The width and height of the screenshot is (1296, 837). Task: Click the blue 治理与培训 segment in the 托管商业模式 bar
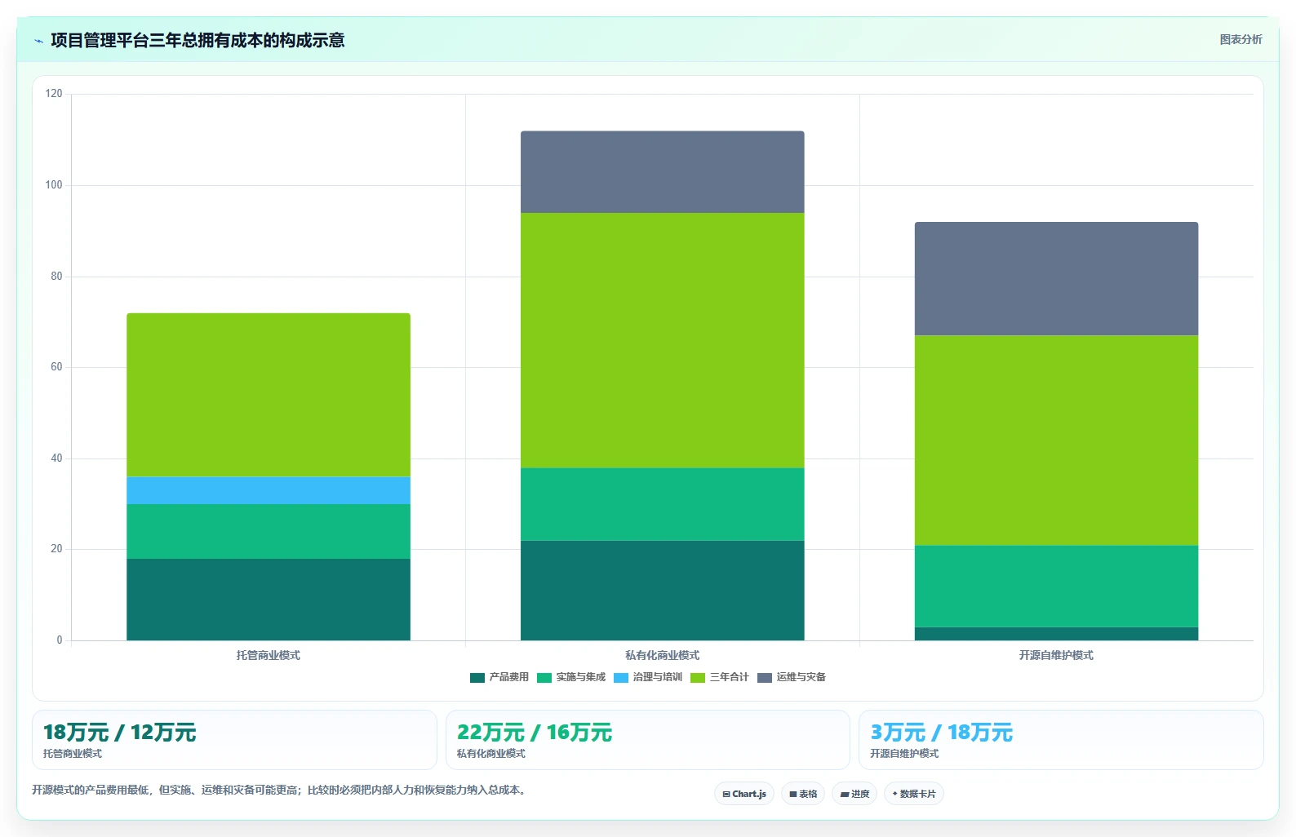pos(269,490)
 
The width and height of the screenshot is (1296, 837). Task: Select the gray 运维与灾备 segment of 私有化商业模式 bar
pos(663,172)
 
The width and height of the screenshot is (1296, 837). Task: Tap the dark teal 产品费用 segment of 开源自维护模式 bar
pos(1057,633)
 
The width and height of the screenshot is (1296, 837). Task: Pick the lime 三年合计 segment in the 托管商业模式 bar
pos(269,395)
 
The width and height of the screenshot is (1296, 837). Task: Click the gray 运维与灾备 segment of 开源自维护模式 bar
pos(1057,279)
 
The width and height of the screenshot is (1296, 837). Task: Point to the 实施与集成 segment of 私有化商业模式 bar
pos(663,504)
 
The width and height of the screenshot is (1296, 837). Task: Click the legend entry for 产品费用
pos(499,677)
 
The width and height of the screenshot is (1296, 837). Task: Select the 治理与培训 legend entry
pos(648,677)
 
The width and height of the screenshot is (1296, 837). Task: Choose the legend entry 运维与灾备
pos(792,677)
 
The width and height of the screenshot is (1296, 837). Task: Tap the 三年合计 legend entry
pos(720,677)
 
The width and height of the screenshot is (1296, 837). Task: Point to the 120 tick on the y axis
pos(54,94)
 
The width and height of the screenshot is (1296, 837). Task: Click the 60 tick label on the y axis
pos(56,367)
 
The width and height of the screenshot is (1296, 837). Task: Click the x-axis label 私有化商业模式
pos(663,655)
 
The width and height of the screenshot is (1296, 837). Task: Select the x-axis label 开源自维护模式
pos(1057,655)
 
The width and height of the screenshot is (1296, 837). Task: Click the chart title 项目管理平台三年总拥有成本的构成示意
pos(198,41)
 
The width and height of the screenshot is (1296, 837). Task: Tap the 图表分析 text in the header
pos(1241,39)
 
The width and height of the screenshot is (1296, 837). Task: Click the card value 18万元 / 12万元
pos(120,733)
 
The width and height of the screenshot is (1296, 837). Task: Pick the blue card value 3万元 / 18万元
pos(942,733)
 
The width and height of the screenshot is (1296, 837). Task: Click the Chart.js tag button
pos(744,794)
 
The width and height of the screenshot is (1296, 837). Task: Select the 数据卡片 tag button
pos(913,794)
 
